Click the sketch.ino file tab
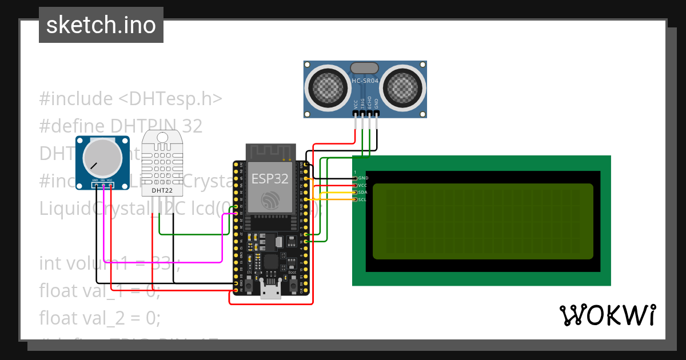tap(101, 25)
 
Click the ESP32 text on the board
tap(270, 178)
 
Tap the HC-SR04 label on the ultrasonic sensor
tap(365, 82)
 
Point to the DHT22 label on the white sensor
tap(162, 189)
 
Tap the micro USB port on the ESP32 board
tap(270, 291)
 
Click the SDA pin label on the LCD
tap(363, 193)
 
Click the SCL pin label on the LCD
tap(362, 199)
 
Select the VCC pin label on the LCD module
tap(362, 185)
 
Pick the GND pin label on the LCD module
tap(363, 178)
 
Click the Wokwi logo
tap(607, 315)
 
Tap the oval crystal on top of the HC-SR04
tap(364, 68)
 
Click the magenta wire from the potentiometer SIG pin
tap(160, 262)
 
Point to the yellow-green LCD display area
tap(482, 221)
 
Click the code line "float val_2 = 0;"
tap(99, 317)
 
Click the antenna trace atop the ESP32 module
tap(270, 152)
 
